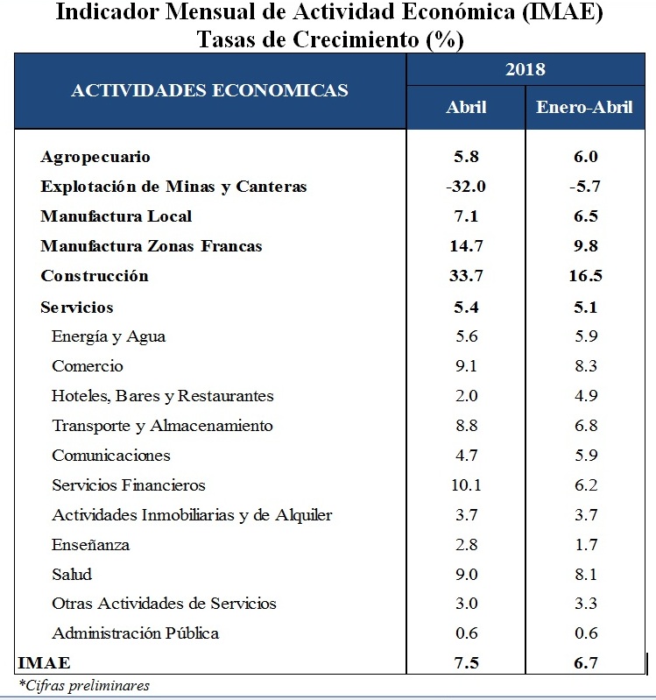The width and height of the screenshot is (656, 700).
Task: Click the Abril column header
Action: click(466, 107)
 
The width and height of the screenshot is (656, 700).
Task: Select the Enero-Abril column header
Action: click(584, 107)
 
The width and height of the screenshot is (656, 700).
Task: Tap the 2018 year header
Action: click(526, 69)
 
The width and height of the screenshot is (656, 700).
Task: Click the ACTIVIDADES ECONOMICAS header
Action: click(209, 90)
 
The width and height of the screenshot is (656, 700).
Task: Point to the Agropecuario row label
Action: click(95, 158)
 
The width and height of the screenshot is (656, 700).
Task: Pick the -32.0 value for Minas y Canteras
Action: click(466, 186)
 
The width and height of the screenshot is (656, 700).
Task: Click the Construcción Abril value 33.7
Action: click(466, 275)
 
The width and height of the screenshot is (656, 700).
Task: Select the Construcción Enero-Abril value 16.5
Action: click(585, 275)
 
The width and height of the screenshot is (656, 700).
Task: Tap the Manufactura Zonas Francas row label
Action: click(152, 246)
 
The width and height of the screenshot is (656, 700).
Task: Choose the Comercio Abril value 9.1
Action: click(466, 366)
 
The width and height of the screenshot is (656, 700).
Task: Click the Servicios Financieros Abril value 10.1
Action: click(466, 484)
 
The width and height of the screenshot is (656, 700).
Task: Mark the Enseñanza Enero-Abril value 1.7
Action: click(586, 545)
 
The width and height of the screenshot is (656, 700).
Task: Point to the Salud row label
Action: click(72, 574)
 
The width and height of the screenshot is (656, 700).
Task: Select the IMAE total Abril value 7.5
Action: click(466, 663)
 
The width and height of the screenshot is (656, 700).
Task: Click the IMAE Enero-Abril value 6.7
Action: click(585, 663)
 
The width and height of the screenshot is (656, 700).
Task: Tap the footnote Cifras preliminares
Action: click(84, 685)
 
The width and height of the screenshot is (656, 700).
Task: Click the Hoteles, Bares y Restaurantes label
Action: click(162, 396)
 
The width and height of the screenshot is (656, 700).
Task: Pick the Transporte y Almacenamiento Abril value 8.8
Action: click(466, 426)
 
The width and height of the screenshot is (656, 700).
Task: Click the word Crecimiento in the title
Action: click(356, 39)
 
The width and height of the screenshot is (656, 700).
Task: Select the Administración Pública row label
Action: click(135, 633)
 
